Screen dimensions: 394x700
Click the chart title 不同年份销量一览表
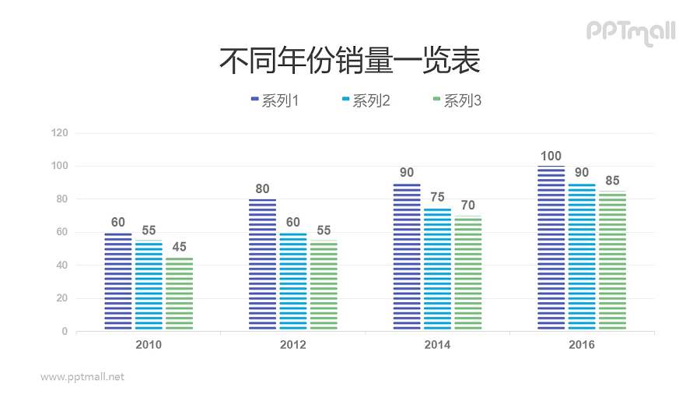click(349, 60)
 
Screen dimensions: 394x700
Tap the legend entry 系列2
click(366, 100)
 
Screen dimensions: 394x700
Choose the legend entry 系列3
click(457, 100)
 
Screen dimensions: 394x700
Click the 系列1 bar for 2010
click(118, 282)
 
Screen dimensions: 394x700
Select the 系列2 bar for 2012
click(293, 282)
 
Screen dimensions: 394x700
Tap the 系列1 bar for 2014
click(407, 257)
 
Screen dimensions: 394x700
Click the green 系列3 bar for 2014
click(467, 273)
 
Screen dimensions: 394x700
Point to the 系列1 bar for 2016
click(551, 248)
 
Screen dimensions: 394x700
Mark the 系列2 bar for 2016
click(582, 257)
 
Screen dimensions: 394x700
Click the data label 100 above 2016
click(551, 156)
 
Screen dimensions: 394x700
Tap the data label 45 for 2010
click(179, 247)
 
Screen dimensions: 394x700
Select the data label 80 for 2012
click(263, 188)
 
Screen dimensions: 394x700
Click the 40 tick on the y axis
click(62, 266)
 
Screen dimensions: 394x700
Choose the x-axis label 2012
click(293, 345)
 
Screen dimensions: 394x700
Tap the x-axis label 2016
click(582, 345)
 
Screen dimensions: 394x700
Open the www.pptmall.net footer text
click(82, 377)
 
